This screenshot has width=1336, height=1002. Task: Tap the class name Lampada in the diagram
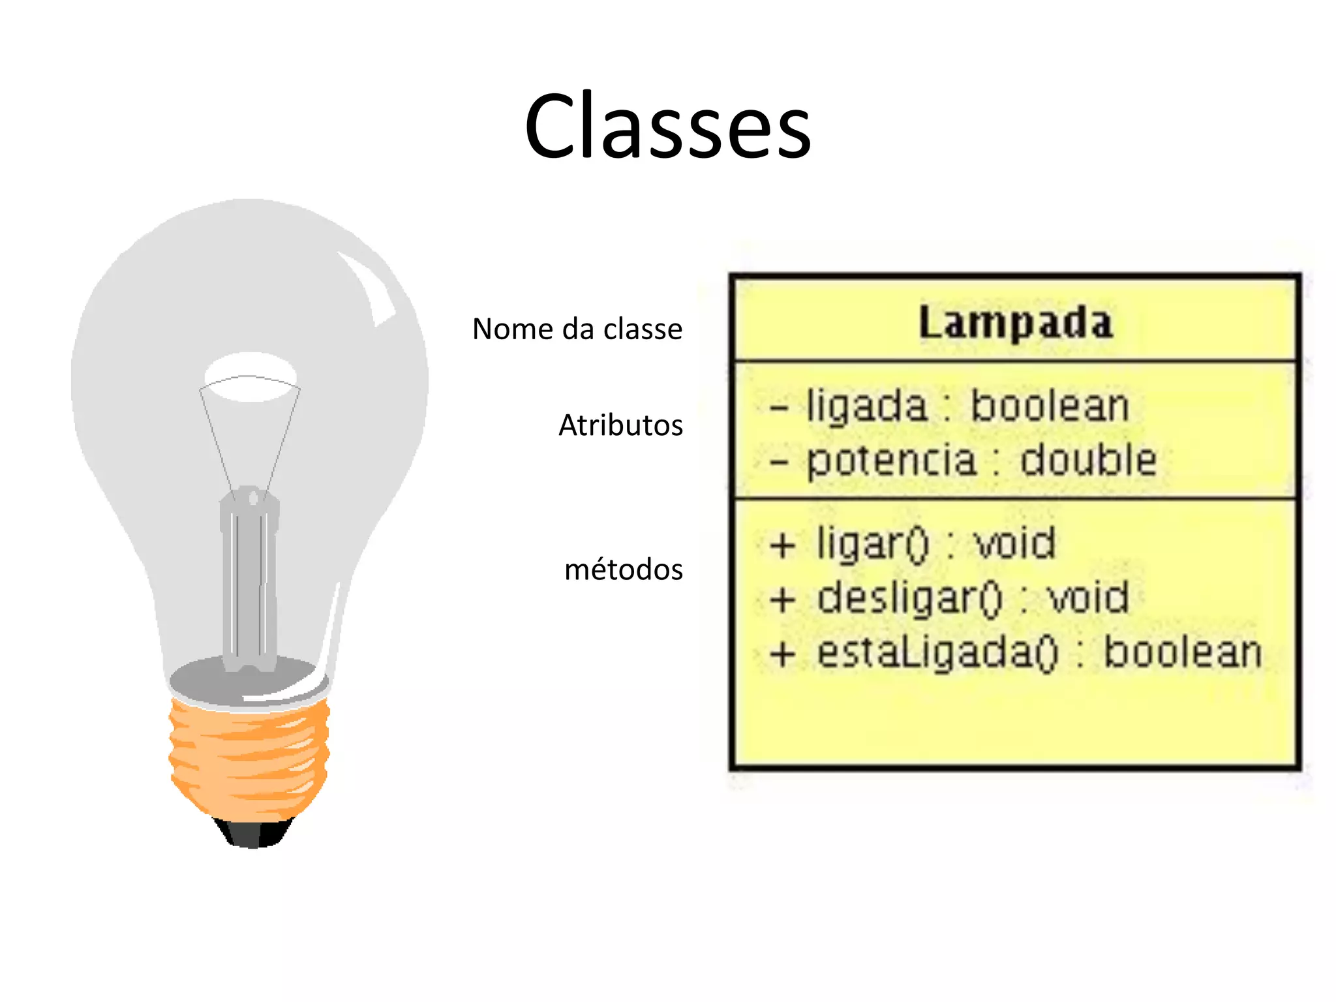1016,322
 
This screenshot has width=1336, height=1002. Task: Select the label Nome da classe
577,329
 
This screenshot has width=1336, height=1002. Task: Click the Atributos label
620,425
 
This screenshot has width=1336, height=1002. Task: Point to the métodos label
623,569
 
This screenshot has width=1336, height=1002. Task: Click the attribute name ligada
866,407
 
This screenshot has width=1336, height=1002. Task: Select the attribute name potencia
891,461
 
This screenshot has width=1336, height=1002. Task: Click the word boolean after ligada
1050,406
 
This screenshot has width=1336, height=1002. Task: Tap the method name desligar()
909,598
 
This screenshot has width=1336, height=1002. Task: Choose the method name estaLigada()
937,653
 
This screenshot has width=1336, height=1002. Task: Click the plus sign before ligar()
782,545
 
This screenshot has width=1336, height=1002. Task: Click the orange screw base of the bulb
250,757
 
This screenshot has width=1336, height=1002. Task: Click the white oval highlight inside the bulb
250,376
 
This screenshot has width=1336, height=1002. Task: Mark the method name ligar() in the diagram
872,543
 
